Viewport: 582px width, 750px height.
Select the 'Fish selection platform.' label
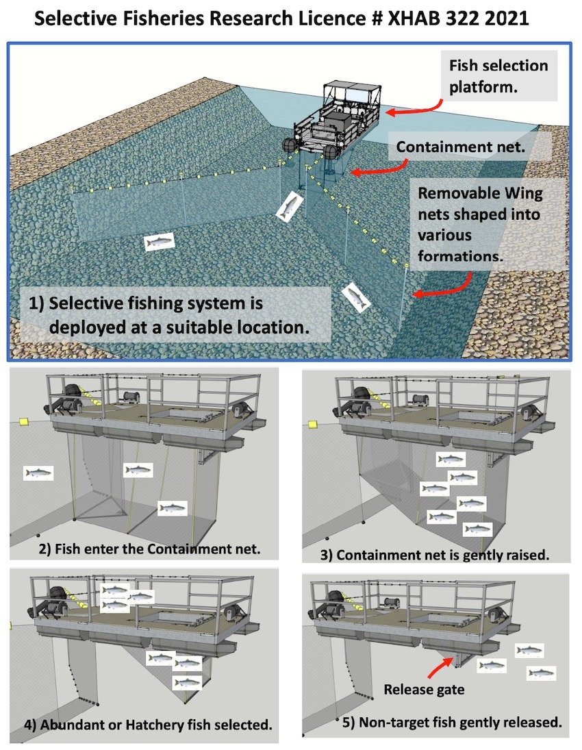[x=498, y=77]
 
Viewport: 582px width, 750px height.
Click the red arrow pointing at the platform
[x=411, y=108]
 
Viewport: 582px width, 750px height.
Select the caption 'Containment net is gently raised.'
[x=435, y=554]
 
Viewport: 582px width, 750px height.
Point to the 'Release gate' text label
[x=424, y=689]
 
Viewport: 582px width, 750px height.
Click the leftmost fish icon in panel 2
[x=38, y=473]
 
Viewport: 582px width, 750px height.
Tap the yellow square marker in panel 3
[x=313, y=425]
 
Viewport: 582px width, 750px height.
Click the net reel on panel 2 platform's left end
[x=72, y=397]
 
